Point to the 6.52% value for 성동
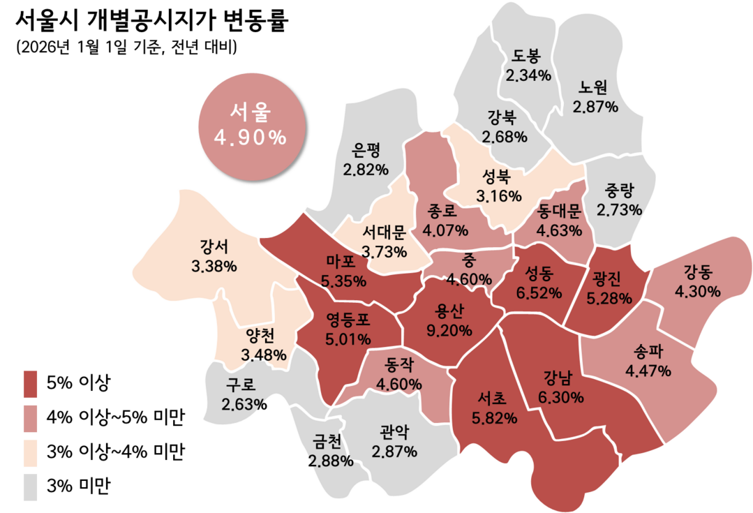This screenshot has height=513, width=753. click(539, 293)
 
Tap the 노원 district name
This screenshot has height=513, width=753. click(594, 88)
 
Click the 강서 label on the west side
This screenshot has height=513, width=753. click(214, 246)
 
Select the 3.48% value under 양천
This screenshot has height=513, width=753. click(264, 355)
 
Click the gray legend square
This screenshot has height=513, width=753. click(31, 486)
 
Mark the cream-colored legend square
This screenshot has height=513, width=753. click(31, 453)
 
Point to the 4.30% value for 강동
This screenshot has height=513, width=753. click(697, 292)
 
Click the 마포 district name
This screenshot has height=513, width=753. click(341, 262)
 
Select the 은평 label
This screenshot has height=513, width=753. click(366, 149)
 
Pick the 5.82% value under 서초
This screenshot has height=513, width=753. click(494, 418)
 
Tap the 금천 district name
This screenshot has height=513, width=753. click(327, 442)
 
